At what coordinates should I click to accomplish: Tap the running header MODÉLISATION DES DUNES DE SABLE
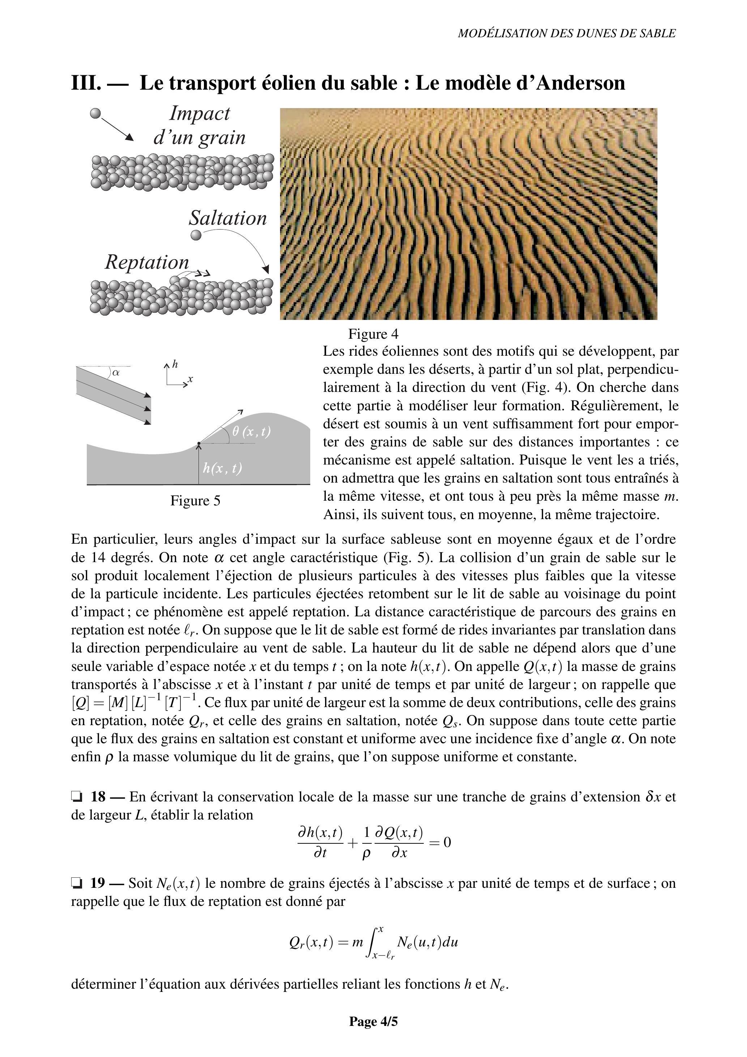567,33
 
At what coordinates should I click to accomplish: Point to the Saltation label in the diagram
227,218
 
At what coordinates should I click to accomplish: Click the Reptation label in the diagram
147,262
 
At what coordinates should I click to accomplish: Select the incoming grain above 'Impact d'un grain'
95,113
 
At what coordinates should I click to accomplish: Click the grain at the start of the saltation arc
196,235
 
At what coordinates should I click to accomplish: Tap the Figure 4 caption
373,333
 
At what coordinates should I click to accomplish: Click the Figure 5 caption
195,500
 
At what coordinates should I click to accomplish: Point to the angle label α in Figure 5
116,372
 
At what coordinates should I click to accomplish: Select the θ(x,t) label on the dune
251,432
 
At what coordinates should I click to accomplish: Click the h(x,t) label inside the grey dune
223,468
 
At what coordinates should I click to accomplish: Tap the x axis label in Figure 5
190,379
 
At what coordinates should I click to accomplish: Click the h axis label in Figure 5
175,364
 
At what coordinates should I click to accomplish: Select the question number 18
98,796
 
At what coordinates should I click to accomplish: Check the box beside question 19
76,883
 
